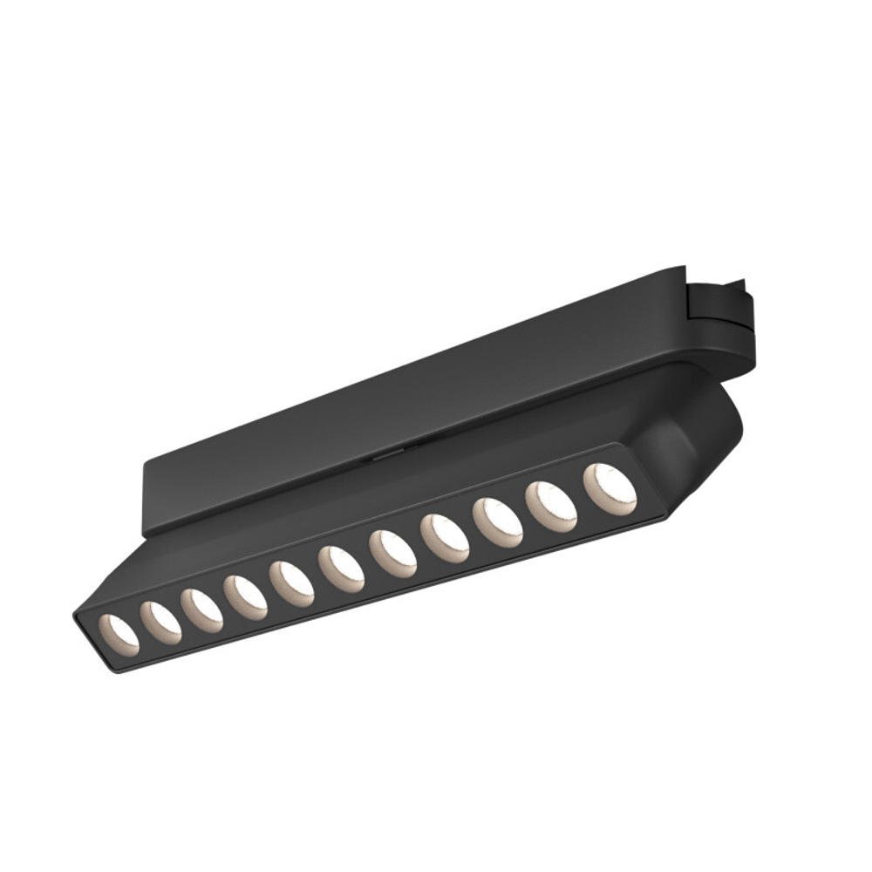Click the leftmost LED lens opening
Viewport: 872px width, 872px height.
118,630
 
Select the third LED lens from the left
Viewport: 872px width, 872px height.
202,608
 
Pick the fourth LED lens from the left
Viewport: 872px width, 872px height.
245,597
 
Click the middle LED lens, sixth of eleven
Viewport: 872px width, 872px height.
341,569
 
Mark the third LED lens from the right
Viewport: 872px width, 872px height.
498,521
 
